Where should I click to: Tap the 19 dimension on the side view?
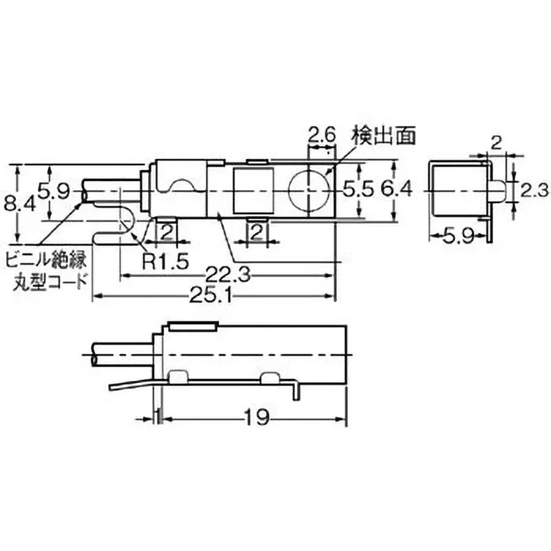tap(254, 417)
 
